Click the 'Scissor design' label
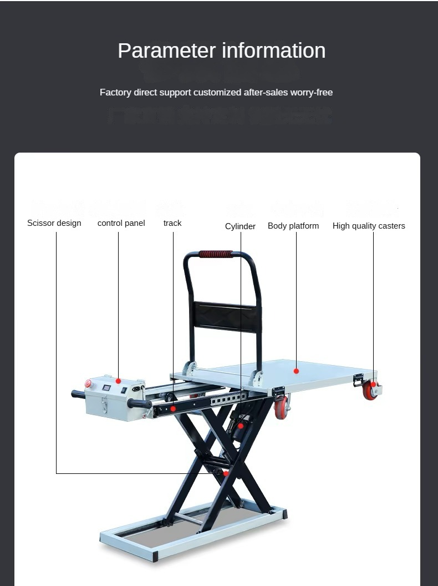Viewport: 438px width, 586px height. coord(54,223)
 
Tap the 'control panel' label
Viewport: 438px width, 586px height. coord(121,223)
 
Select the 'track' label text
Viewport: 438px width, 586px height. coord(172,223)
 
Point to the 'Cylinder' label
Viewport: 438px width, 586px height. coord(240,226)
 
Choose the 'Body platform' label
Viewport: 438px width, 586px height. coord(293,226)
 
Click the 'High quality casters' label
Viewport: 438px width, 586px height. coord(369,226)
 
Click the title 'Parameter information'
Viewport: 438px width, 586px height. coord(221,50)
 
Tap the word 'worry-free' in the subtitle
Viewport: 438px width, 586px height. coord(312,92)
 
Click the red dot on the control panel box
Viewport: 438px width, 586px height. coord(118,381)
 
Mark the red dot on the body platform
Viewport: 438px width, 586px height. coord(296,371)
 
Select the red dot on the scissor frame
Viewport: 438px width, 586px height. coord(226,473)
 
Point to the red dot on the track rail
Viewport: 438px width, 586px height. coord(173,409)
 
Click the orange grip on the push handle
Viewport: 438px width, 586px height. coord(216,254)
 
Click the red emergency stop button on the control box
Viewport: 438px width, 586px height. coord(88,383)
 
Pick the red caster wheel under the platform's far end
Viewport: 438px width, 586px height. coord(370,390)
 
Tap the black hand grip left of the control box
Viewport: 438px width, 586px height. coord(78,395)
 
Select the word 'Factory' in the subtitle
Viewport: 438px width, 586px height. coord(115,92)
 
